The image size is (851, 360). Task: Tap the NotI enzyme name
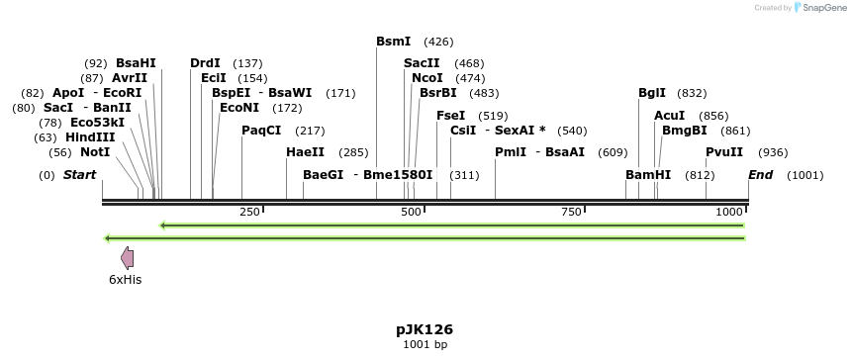click(x=95, y=152)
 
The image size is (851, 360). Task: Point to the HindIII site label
click(x=90, y=137)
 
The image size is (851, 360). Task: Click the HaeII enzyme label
click(x=305, y=152)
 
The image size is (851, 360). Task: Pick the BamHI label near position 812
click(x=648, y=175)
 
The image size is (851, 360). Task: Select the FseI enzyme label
click(x=450, y=116)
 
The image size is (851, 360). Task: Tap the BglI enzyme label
click(x=652, y=93)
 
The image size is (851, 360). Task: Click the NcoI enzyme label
click(x=426, y=78)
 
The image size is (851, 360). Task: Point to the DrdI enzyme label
click(x=205, y=63)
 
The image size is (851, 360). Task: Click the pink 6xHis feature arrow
click(x=127, y=258)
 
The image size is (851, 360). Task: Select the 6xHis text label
click(x=126, y=280)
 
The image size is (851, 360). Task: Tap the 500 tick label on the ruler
click(x=411, y=213)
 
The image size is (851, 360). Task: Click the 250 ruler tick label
click(x=249, y=213)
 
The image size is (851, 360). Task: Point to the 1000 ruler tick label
click(x=729, y=213)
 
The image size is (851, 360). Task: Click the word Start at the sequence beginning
click(x=79, y=175)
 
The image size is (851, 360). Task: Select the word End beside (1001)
click(x=761, y=175)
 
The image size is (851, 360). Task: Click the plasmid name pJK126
click(x=425, y=328)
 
